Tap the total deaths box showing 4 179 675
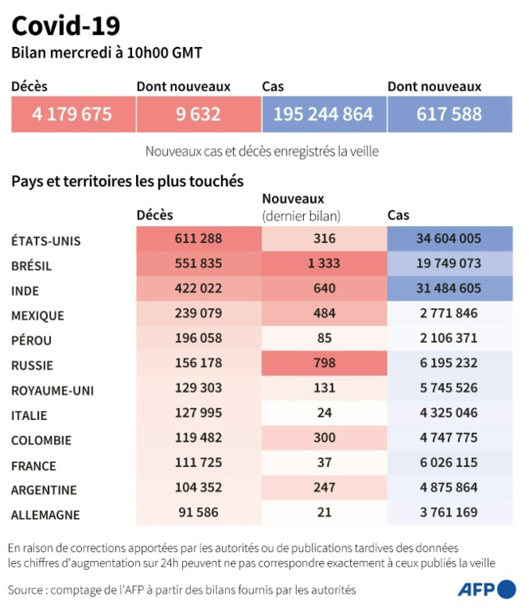click(73, 114)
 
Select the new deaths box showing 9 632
click(198, 114)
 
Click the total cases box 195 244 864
click(324, 114)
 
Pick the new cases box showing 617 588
click(450, 114)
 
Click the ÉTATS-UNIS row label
click(46, 241)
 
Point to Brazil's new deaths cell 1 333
click(324, 263)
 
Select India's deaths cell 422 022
click(198, 289)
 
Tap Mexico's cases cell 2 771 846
click(450, 314)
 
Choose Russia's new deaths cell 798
click(324, 364)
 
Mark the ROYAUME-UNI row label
click(53, 390)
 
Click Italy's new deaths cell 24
click(324, 413)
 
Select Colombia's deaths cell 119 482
click(198, 439)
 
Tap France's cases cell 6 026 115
click(450, 464)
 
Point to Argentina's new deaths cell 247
click(324, 489)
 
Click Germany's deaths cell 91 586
click(198, 512)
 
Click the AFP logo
click(486, 589)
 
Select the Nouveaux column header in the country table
click(293, 199)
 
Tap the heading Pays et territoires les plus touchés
click(127, 181)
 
